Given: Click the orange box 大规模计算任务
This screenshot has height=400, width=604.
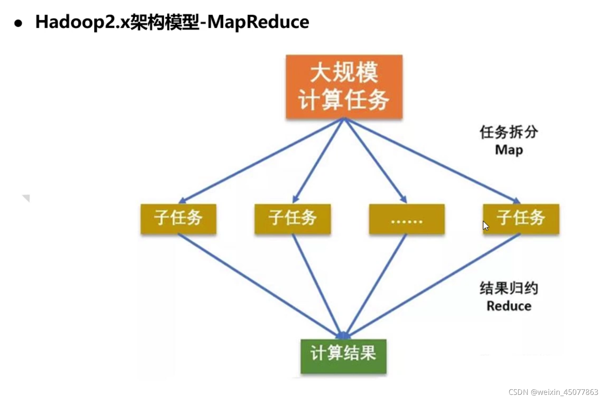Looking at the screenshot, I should pos(344,87).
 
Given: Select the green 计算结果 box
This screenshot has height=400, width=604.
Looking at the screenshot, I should pos(343,356).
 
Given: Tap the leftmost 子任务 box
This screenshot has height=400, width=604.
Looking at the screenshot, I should pos(178,219).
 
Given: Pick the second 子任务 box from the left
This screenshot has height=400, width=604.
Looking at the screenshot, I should pos(292,219).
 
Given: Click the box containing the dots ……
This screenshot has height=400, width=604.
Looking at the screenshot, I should pos(407,219).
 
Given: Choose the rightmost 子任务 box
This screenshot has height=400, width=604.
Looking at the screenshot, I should pos(521,219).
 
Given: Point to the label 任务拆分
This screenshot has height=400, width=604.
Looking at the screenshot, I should pos(509,132).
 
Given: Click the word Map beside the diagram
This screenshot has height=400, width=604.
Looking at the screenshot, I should pos(509,150).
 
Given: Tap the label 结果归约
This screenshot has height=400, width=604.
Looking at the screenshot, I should pos(509,288).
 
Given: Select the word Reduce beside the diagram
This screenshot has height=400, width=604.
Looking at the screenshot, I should pos(509,306).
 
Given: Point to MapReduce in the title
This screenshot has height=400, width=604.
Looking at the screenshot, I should pos(258,22).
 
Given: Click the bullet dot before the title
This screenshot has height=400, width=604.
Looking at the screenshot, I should pos(18,23).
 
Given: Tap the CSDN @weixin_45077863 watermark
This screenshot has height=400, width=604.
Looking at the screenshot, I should pos(553,392).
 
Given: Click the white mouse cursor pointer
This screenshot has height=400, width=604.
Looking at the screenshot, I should pos(485,226).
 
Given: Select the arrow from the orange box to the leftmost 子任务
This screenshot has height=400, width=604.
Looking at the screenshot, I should pos(262,160).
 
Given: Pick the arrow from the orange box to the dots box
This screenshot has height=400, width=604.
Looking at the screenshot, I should pos(375,160).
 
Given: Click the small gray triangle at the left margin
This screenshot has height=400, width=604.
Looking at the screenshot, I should pos(27,198).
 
